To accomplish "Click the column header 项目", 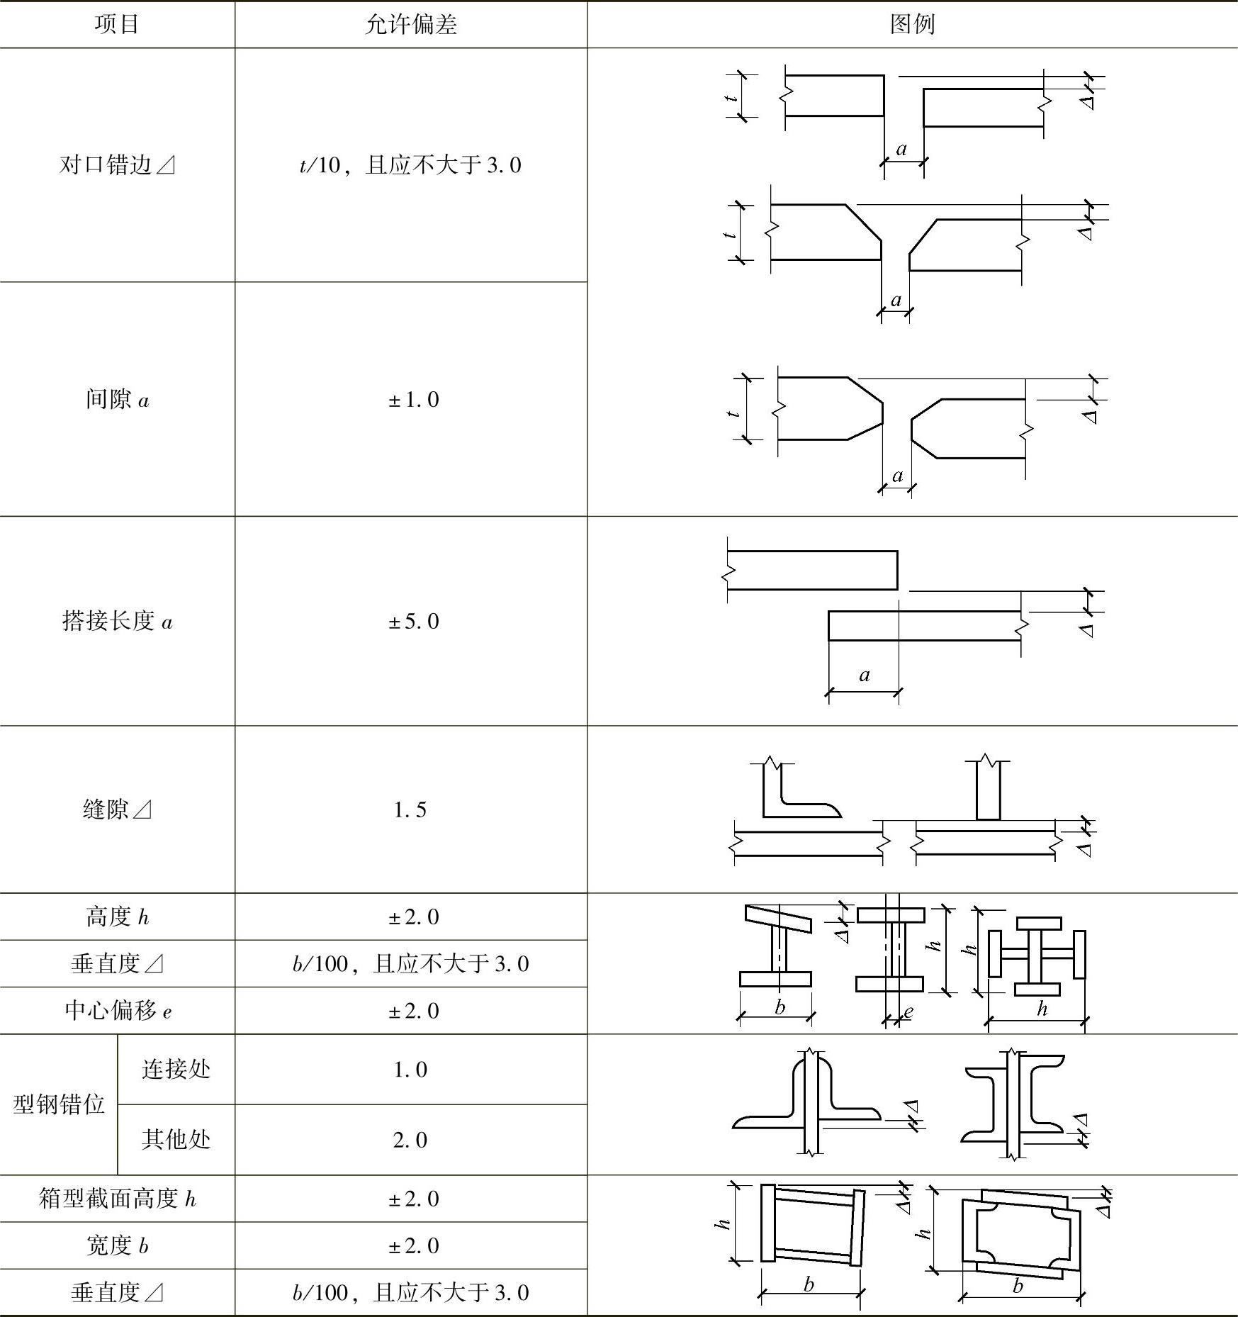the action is click(x=117, y=24).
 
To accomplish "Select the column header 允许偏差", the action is click(x=410, y=24).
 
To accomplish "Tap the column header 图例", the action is click(x=912, y=24).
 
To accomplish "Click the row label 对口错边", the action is click(x=117, y=165).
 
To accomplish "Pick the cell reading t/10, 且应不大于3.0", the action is click(x=410, y=165).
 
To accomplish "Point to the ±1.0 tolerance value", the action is click(x=413, y=400).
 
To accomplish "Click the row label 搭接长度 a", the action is click(x=117, y=622).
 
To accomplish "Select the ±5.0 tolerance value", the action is click(x=413, y=622).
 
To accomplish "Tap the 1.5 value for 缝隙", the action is click(x=410, y=809).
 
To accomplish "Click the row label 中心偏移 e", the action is click(x=117, y=1011).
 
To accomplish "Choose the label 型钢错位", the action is click(x=59, y=1104).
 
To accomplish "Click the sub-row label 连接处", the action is click(x=176, y=1069).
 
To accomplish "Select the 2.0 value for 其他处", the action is click(x=410, y=1140).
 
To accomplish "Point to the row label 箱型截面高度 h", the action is click(x=117, y=1199).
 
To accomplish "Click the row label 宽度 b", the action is click(x=117, y=1245).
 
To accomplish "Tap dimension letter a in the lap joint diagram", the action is click(x=864, y=675).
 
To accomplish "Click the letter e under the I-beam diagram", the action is click(x=908, y=1012).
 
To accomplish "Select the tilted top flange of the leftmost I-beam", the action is click(x=777, y=919).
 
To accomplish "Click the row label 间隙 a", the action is click(x=117, y=400).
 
